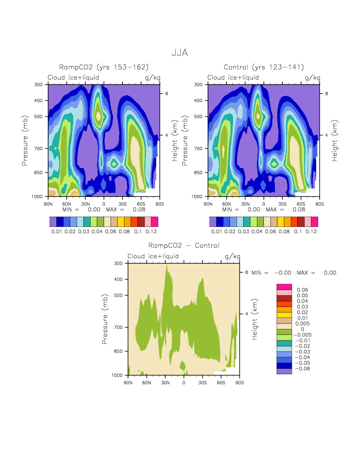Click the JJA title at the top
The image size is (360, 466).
(x=180, y=52)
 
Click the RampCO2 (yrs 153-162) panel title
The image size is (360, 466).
(x=104, y=67)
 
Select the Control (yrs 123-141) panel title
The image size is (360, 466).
(x=264, y=67)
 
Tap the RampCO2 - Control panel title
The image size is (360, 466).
(x=184, y=245)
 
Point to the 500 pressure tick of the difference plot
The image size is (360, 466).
(x=118, y=295)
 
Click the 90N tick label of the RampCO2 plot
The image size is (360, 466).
(x=49, y=204)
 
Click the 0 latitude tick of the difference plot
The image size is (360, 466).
(x=184, y=382)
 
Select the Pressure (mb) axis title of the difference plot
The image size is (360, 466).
(x=105, y=319)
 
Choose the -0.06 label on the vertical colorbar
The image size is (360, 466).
(x=303, y=369)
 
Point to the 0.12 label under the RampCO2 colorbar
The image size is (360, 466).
(x=151, y=231)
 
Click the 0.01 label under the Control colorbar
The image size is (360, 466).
(x=216, y=231)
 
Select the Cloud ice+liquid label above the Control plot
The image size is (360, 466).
(x=233, y=78)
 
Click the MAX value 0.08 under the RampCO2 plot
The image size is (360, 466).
(x=132, y=210)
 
